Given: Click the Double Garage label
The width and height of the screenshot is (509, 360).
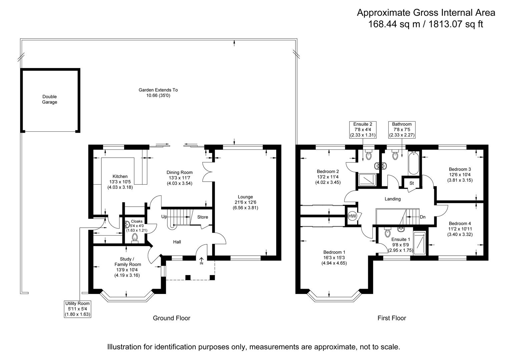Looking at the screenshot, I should click(x=49, y=100).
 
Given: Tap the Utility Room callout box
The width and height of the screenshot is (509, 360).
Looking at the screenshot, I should click(x=77, y=309).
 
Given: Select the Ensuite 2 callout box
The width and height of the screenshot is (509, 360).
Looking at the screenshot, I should click(x=363, y=130).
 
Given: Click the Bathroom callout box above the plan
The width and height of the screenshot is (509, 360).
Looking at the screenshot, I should click(x=402, y=130).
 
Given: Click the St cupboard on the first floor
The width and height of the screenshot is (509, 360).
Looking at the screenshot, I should click(x=411, y=183).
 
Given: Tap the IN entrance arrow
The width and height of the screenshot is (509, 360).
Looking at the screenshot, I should click(x=201, y=261).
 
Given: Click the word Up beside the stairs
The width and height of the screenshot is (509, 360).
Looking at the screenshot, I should click(x=164, y=217).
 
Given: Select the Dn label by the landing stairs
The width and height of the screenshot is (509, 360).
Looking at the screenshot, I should click(x=423, y=217).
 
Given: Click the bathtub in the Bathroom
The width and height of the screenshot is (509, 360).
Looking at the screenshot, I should click(x=413, y=163).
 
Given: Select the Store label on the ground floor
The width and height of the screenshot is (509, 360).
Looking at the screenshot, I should click(x=202, y=217).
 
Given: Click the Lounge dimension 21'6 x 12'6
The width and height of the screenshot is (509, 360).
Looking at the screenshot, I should click(x=245, y=202).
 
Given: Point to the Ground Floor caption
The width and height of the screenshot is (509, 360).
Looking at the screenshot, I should click(x=171, y=318).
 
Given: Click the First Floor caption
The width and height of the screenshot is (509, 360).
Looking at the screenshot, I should click(x=392, y=318).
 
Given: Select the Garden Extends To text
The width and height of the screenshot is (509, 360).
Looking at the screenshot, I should click(x=158, y=90).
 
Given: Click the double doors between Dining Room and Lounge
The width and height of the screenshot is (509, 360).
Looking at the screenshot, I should click(x=207, y=172).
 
